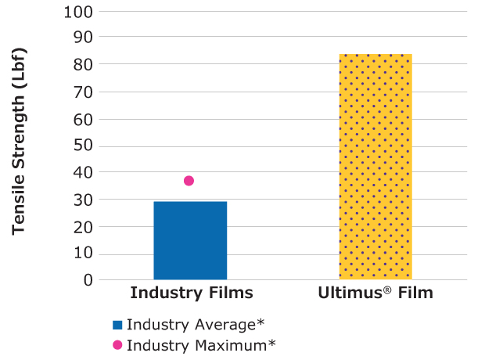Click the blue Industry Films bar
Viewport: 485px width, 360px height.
point(190,240)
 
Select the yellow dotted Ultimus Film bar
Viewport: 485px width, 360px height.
point(375,167)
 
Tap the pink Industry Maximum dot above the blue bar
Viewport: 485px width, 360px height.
point(189,181)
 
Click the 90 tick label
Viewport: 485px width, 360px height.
point(81,38)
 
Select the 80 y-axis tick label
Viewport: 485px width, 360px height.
point(81,64)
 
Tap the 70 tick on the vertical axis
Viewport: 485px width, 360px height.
point(81,92)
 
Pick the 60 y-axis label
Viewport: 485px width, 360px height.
point(81,119)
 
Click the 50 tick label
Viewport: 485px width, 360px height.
point(81,146)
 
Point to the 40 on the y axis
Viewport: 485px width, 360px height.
point(81,172)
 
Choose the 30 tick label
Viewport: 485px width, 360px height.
point(81,200)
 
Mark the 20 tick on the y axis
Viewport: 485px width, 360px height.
point(81,226)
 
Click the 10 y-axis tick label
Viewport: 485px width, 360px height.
point(81,253)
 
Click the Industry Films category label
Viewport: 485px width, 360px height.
point(191,294)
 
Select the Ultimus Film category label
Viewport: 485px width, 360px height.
point(375,294)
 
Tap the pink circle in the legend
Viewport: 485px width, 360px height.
point(117,344)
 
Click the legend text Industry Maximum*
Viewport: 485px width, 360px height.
point(201,344)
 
